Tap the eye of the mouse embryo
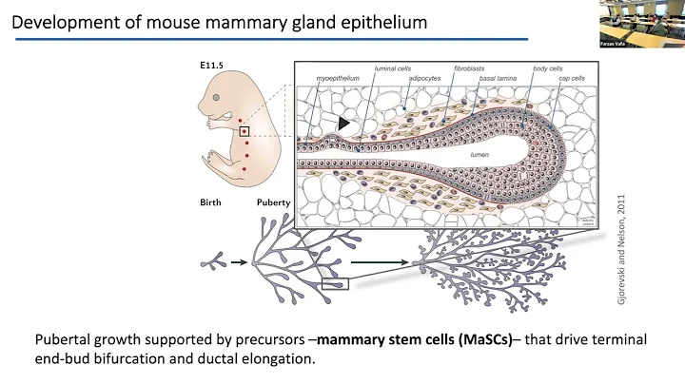point(219,97)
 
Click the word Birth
point(211,202)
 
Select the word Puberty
point(273,202)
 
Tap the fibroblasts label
point(471,69)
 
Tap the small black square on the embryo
point(245,132)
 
